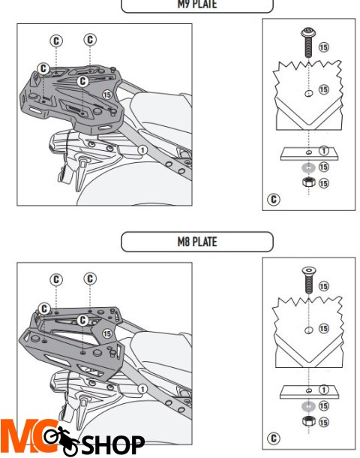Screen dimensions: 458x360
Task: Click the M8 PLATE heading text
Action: point(197,242)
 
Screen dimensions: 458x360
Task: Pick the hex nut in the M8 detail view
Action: point(307,420)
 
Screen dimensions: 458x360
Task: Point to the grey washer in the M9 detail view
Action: point(307,167)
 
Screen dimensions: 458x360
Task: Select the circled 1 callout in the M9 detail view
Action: point(324,152)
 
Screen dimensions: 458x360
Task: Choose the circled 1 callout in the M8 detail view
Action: point(324,390)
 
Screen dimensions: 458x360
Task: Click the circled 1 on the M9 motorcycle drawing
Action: point(140,149)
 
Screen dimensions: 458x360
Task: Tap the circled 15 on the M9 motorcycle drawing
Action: point(106,95)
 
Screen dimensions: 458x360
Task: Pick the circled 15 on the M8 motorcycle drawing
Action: point(106,333)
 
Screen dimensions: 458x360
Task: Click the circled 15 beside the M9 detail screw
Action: point(324,47)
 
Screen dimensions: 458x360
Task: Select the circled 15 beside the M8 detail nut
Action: point(324,420)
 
